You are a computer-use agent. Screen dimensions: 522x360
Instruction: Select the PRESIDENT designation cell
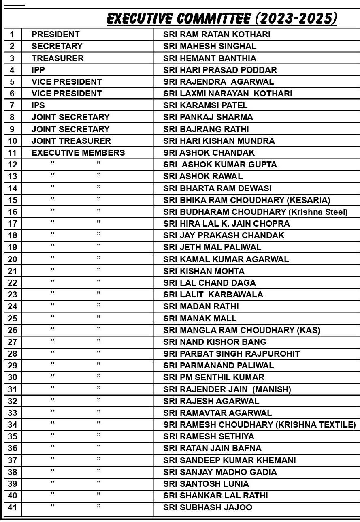click(55, 34)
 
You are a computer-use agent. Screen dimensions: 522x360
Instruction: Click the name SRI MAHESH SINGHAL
click(210, 46)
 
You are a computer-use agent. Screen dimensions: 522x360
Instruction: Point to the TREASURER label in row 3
click(58, 58)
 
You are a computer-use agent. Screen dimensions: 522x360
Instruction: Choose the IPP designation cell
click(38, 70)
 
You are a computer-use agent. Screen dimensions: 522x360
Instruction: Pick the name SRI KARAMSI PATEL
click(205, 105)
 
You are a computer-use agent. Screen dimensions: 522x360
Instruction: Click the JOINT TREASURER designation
click(71, 141)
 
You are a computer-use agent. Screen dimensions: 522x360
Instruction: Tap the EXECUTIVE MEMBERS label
click(78, 153)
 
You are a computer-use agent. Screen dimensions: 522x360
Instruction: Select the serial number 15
click(13, 200)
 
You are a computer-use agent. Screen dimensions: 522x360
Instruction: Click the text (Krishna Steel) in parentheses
click(318, 212)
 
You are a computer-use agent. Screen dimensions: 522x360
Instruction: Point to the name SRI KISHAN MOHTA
click(204, 271)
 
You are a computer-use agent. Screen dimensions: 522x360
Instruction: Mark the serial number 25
click(13, 319)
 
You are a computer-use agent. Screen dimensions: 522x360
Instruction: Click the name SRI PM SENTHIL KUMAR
click(214, 377)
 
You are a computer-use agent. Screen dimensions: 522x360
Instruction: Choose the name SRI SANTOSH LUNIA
click(206, 484)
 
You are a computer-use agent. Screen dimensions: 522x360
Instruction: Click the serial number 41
click(13, 507)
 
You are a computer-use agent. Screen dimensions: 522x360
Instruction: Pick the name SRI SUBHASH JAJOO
click(208, 507)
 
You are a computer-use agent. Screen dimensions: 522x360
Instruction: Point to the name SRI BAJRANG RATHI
click(206, 129)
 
